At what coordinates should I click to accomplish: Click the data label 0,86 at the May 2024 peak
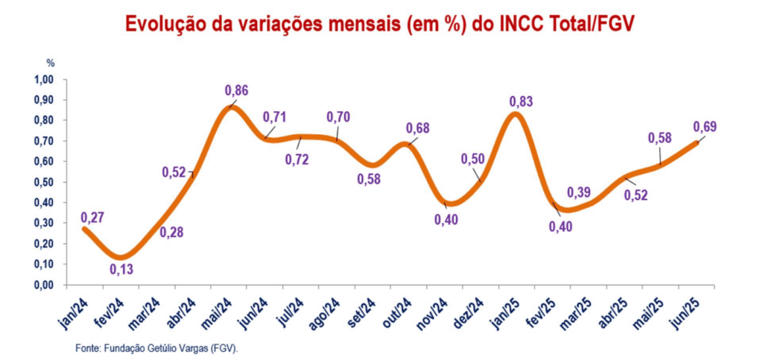click(x=236, y=91)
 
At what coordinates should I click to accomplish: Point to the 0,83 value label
click(x=521, y=101)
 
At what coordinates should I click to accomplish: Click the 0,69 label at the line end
click(x=705, y=127)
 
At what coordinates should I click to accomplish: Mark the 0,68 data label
click(x=418, y=128)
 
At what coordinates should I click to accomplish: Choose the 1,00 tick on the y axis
click(x=45, y=80)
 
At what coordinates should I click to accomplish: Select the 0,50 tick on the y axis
click(x=45, y=183)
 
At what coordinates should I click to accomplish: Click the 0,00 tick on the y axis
click(x=45, y=285)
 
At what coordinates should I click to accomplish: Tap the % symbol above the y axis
click(x=51, y=63)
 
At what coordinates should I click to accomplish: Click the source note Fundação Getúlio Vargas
click(x=156, y=348)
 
